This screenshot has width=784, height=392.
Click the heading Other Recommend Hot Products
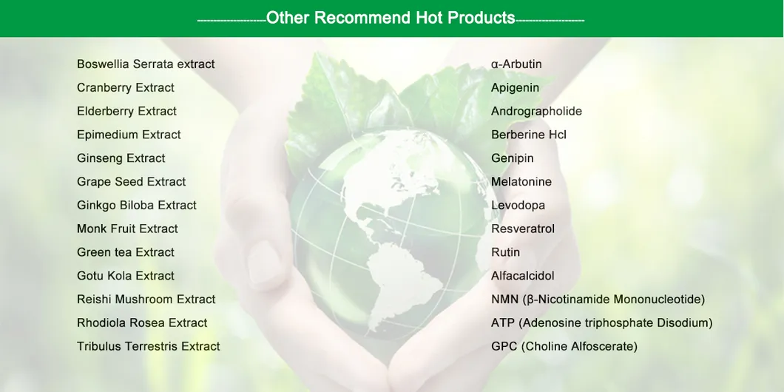pos(391,18)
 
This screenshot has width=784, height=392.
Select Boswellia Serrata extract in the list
pos(146,64)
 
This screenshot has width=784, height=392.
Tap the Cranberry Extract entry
pos(126,88)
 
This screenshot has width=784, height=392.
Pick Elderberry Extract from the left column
pos(126,112)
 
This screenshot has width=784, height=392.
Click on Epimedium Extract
pos(129,135)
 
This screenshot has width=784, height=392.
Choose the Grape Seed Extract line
pos(131,182)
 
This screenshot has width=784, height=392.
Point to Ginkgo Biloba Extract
pos(137,206)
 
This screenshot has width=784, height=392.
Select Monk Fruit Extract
pos(127,229)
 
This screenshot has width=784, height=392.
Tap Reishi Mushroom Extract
pos(146,300)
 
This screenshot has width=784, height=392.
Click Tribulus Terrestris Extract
pos(148,347)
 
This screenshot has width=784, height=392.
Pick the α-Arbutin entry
pos(516,64)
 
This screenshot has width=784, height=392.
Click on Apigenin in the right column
pos(515,88)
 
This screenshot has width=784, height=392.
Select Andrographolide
pos(536,112)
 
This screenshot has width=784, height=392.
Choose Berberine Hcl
pos(529,135)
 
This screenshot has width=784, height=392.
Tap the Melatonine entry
pos(521,182)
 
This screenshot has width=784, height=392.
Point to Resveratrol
pos(523,229)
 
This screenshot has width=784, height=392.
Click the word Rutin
pos(505,253)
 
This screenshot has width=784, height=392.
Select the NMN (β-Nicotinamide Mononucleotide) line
pos(598,300)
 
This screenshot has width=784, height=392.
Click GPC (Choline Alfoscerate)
pos(564,347)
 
